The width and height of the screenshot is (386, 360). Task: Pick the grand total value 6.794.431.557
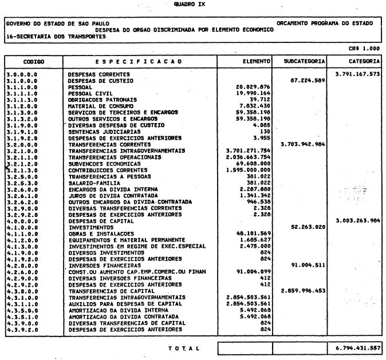[x=358, y=347]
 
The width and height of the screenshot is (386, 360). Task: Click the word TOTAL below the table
[x=183, y=347]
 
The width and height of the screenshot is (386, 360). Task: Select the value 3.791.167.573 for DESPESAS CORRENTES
[x=358, y=74]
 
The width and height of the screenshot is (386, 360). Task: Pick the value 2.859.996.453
[x=302, y=290]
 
